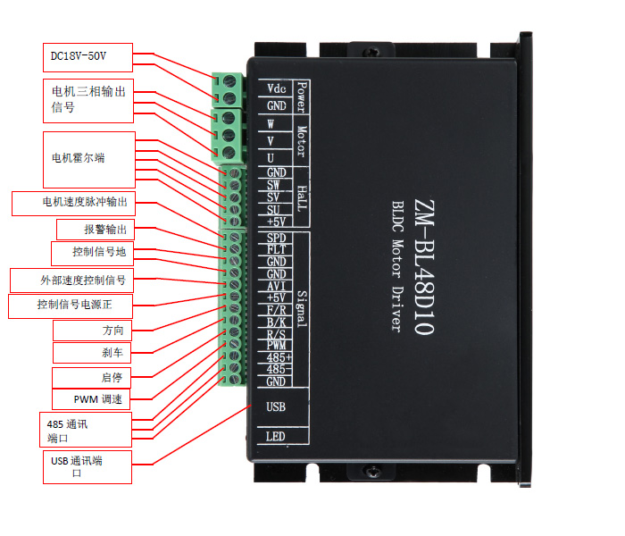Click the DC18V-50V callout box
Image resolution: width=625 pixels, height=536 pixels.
[x=87, y=57]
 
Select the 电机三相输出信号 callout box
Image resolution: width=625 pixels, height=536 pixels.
[x=87, y=99]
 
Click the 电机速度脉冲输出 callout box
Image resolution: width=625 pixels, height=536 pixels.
[x=75, y=203]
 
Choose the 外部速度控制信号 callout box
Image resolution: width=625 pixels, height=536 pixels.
[x=71, y=280]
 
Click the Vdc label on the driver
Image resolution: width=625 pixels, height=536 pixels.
[x=276, y=88]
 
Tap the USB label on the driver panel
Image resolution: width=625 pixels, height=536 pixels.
[x=276, y=407]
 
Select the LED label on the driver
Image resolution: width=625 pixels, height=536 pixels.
[x=276, y=437]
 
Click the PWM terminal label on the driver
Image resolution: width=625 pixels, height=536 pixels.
[x=277, y=345]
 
